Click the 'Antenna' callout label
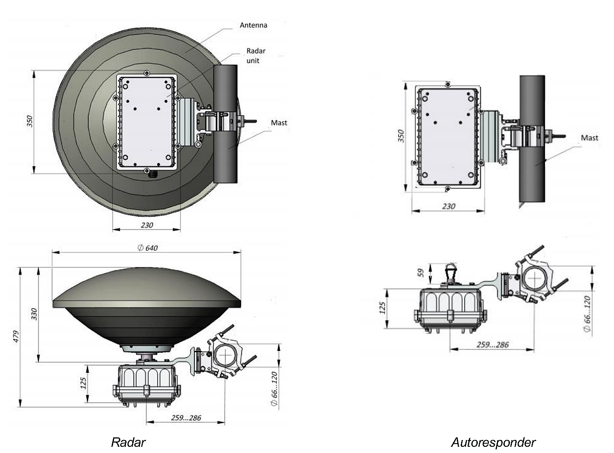(253, 25)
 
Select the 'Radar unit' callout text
(256, 56)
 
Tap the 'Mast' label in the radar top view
(279, 123)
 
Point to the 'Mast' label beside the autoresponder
(590, 138)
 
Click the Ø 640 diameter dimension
(147, 248)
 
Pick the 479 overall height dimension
(16, 337)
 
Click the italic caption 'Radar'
(128, 441)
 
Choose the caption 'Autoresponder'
(493, 441)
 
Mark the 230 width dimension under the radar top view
(147, 225)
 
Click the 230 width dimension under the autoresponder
(448, 206)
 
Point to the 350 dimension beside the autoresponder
(402, 136)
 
